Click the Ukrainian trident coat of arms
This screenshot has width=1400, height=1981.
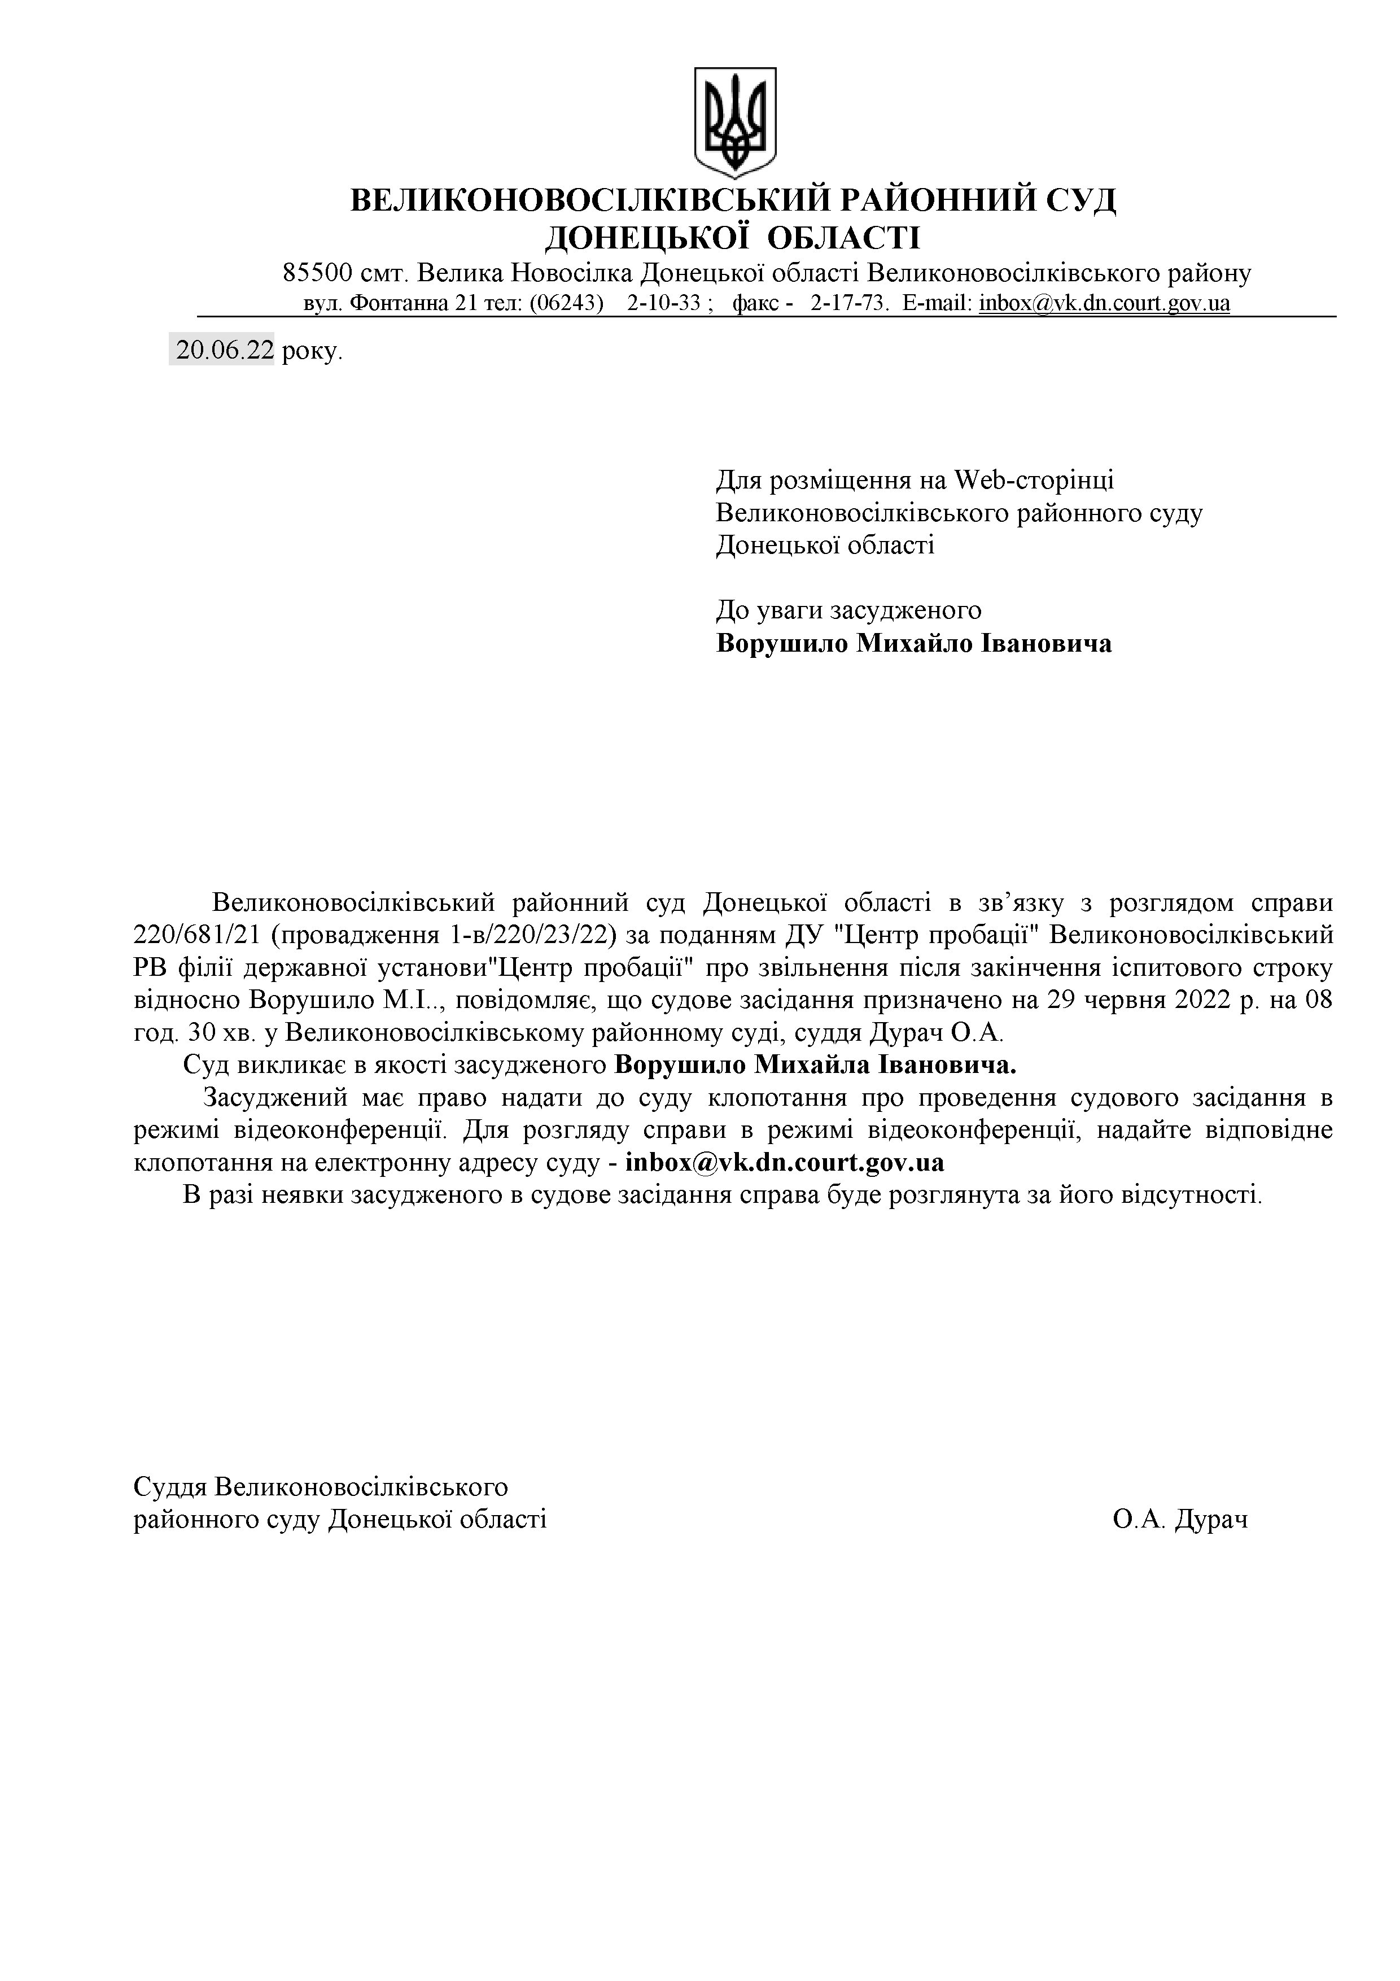735,121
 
